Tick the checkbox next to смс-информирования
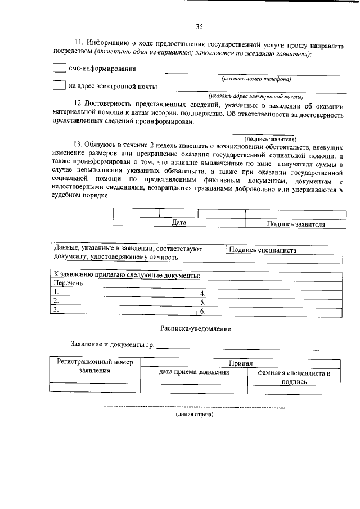pyautogui.click(x=59, y=68)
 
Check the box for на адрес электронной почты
pyautogui.click(x=59, y=86)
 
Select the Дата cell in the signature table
pyautogui.click(x=179, y=223)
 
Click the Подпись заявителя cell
pyautogui.click(x=296, y=224)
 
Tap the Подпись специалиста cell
pyautogui.click(x=263, y=250)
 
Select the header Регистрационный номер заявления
pyautogui.click(x=94, y=367)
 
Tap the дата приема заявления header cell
pyautogui.click(x=194, y=372)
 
